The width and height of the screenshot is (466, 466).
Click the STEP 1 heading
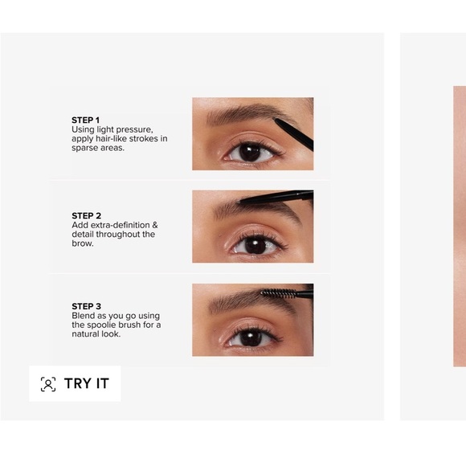(x=85, y=120)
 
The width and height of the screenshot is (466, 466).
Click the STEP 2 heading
(x=86, y=215)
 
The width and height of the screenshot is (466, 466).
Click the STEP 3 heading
(x=86, y=306)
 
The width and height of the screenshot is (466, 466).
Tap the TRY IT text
(x=87, y=383)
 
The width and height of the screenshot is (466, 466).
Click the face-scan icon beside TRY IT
(x=48, y=384)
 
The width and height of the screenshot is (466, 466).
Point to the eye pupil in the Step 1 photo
(x=250, y=153)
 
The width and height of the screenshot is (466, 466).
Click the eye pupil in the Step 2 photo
(x=255, y=246)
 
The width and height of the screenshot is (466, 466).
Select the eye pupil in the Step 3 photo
(x=251, y=338)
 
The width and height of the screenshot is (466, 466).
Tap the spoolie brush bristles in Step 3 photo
(x=278, y=293)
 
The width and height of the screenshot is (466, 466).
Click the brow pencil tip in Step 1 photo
(x=275, y=120)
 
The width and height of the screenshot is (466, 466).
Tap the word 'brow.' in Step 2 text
(x=83, y=243)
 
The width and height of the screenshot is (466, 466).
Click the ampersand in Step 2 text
(x=155, y=225)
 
